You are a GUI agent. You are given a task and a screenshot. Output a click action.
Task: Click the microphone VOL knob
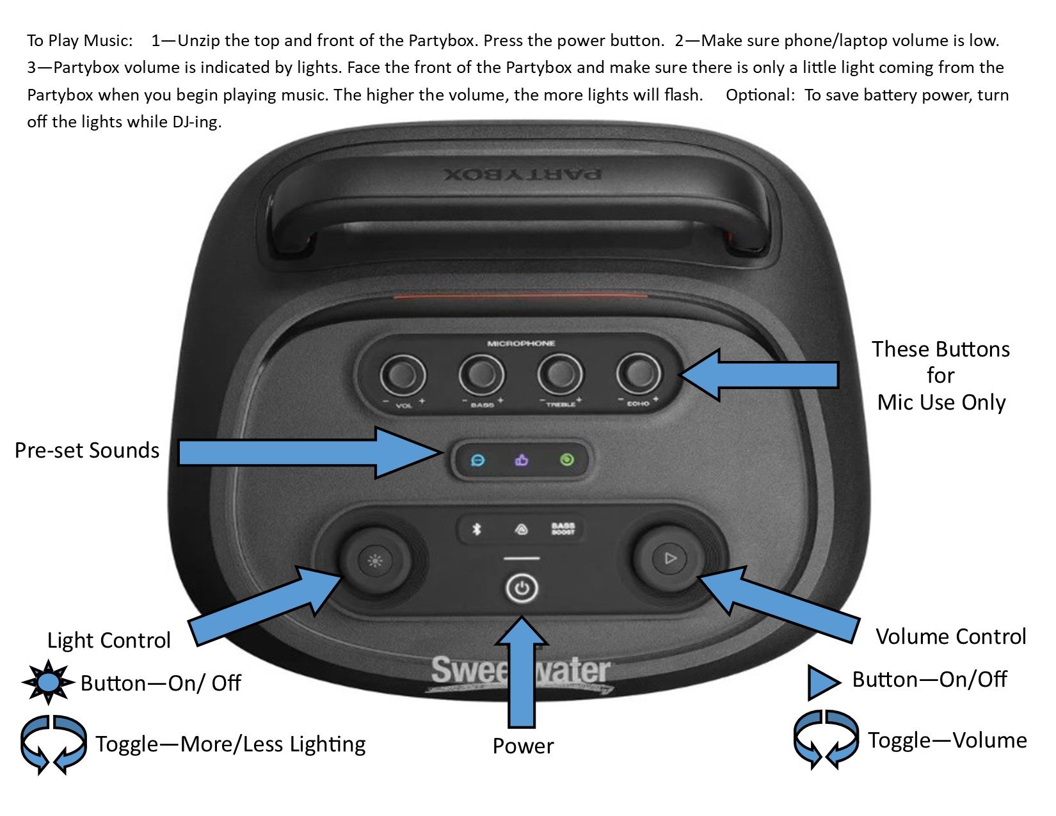tap(403, 375)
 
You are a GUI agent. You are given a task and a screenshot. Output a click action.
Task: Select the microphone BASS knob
tap(481, 375)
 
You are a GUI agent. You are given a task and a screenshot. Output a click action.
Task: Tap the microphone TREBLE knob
tap(560, 375)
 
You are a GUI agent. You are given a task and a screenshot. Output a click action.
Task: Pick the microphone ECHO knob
tap(638, 374)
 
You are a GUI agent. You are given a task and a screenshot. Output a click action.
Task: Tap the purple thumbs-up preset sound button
tap(522, 460)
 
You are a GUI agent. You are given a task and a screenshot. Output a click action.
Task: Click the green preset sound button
tap(566, 460)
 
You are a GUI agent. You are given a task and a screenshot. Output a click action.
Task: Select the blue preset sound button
tap(477, 460)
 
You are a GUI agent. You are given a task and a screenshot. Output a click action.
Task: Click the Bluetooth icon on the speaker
tap(476, 529)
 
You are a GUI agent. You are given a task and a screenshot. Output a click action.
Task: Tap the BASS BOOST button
tap(563, 529)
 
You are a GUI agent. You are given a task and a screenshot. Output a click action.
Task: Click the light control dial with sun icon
tap(375, 561)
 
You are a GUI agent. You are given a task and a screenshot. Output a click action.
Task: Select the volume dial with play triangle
tap(669, 559)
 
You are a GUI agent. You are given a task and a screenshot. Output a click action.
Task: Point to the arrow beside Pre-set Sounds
tap(307, 452)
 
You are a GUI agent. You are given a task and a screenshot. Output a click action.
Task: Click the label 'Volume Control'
tap(950, 636)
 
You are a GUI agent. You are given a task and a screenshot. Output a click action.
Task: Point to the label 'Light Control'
tap(109, 640)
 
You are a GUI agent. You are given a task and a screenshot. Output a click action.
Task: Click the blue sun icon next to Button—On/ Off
tap(48, 683)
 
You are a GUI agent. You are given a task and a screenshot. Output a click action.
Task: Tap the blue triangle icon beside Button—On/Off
tap(822, 682)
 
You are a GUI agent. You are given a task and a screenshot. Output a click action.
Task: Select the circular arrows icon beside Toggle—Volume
tap(825, 739)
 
